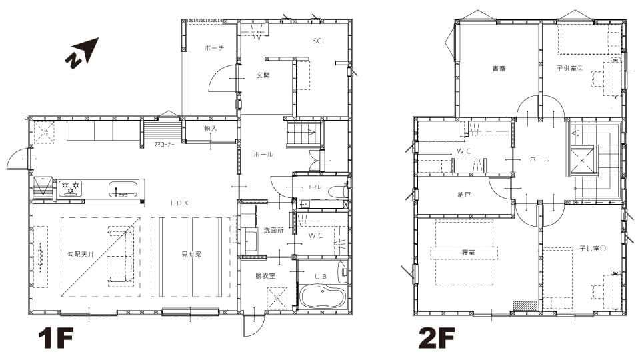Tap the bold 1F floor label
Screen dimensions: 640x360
click(x=55, y=339)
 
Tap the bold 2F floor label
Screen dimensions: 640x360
click(x=436, y=339)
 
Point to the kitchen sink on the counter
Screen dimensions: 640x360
click(x=123, y=189)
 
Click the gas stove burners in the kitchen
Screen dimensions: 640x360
click(x=71, y=188)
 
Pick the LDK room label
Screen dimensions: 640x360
click(x=179, y=203)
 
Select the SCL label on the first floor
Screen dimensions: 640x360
click(x=319, y=41)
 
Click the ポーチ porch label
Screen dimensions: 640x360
click(x=214, y=48)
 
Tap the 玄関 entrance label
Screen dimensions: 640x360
click(x=263, y=75)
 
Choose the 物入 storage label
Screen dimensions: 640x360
click(x=211, y=129)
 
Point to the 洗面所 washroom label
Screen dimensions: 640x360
click(x=273, y=230)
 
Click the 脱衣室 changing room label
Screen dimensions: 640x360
click(x=265, y=276)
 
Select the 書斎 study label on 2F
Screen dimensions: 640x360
click(x=499, y=69)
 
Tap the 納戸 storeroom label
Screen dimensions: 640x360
click(x=464, y=195)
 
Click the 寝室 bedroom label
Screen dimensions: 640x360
click(x=468, y=252)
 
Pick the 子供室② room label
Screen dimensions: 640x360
click(x=570, y=69)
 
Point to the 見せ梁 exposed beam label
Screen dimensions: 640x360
click(x=191, y=254)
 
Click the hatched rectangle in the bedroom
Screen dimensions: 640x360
click(x=526, y=306)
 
